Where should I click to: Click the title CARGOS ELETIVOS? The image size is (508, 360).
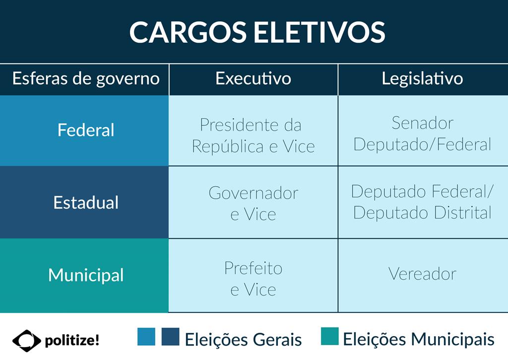pyautogui.click(x=257, y=32)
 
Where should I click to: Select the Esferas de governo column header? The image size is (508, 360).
pyautogui.click(x=86, y=79)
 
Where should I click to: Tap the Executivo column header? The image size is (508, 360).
pyautogui.click(x=254, y=78)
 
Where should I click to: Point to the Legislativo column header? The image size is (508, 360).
pyautogui.click(x=423, y=79)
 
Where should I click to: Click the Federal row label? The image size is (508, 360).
pyautogui.click(x=86, y=130)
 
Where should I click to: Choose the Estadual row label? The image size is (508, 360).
pyautogui.click(x=86, y=203)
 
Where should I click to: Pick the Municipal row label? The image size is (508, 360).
pyautogui.click(x=86, y=276)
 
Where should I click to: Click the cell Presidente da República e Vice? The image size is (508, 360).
pyautogui.click(x=254, y=135)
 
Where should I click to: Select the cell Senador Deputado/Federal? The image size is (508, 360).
pyautogui.click(x=423, y=134)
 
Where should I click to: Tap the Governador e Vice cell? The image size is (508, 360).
pyautogui.click(x=254, y=204)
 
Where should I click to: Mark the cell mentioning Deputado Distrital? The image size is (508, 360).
pyautogui.click(x=423, y=202)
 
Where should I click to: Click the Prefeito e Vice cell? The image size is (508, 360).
pyautogui.click(x=254, y=279)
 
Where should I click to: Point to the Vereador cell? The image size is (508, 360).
pyautogui.click(x=423, y=274)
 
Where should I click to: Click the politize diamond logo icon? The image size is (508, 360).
pyautogui.click(x=27, y=341)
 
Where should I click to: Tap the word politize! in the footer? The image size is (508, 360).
pyautogui.click(x=72, y=341)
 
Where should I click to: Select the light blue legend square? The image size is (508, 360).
pyautogui.click(x=146, y=337)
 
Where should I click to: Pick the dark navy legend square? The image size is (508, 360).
pyautogui.click(x=171, y=337)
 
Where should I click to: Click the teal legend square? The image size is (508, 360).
pyautogui.click(x=330, y=336)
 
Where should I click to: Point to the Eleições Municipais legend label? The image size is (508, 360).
pyautogui.click(x=419, y=340)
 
